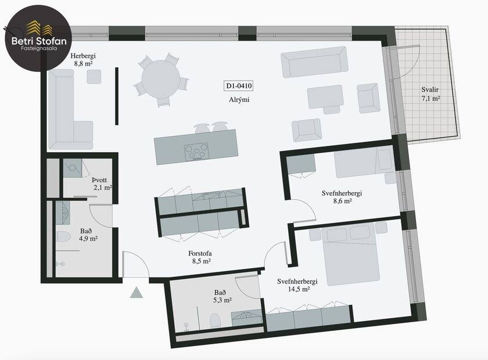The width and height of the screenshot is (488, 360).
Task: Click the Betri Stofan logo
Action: click(x=36, y=35)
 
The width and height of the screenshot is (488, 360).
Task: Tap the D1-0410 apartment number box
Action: click(x=239, y=87)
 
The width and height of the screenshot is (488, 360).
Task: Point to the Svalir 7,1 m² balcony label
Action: click(x=430, y=95)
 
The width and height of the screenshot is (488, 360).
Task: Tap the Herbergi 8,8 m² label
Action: click(x=82, y=60)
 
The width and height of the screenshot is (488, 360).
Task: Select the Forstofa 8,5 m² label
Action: click(x=199, y=257)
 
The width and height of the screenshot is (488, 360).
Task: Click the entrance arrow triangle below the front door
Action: click(x=137, y=292)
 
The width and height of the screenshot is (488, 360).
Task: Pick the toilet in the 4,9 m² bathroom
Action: click(x=63, y=237)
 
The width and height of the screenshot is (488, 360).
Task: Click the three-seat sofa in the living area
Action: click(x=314, y=62)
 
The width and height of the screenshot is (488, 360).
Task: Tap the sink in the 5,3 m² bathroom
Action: click(x=247, y=316)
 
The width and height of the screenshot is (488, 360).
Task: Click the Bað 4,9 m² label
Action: click(x=89, y=234)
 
